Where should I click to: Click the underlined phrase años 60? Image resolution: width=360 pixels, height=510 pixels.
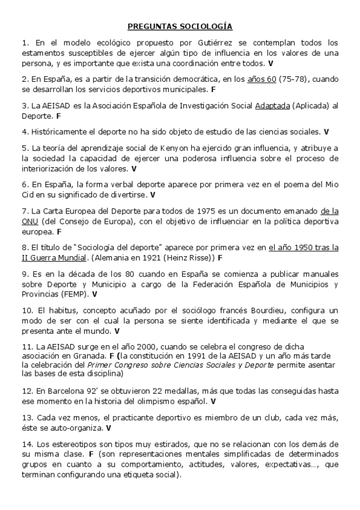click(261, 78)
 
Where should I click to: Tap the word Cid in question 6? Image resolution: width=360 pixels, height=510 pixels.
click(29, 195)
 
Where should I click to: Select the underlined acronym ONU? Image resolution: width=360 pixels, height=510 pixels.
click(31, 221)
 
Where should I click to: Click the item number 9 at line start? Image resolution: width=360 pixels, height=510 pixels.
click(25, 274)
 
